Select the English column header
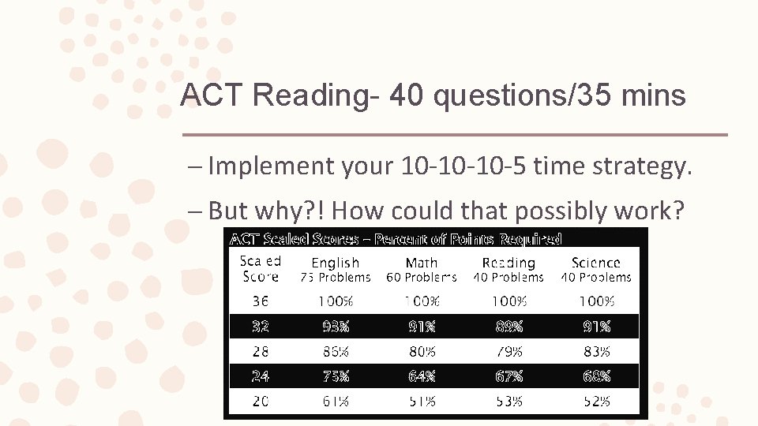[336, 263]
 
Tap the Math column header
[422, 263]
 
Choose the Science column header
[596, 263]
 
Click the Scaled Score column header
[261, 269]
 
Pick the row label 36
[261, 301]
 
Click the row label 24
[261, 376]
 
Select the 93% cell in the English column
[336, 327]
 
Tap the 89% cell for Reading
[509, 327]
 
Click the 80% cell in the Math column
[422, 351]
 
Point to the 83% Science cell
[596, 351]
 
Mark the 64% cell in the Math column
[422, 376]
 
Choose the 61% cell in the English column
[336, 402]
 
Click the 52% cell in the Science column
[596, 402]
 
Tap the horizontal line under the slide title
[455, 135]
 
